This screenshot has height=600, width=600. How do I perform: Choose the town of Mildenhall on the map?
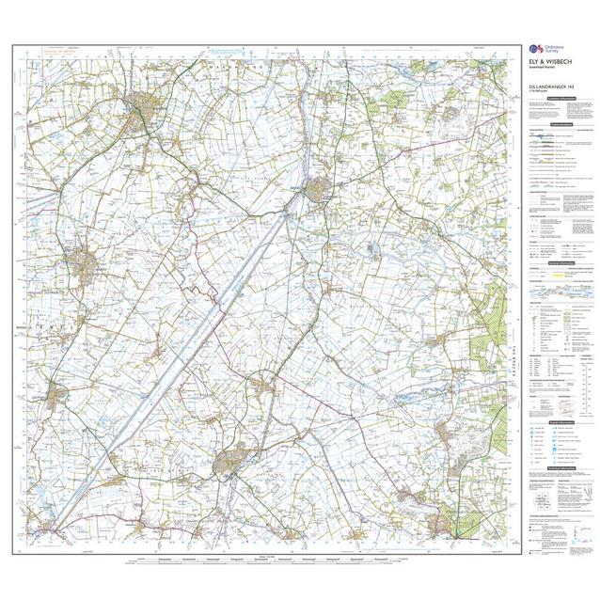point(442,522)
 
